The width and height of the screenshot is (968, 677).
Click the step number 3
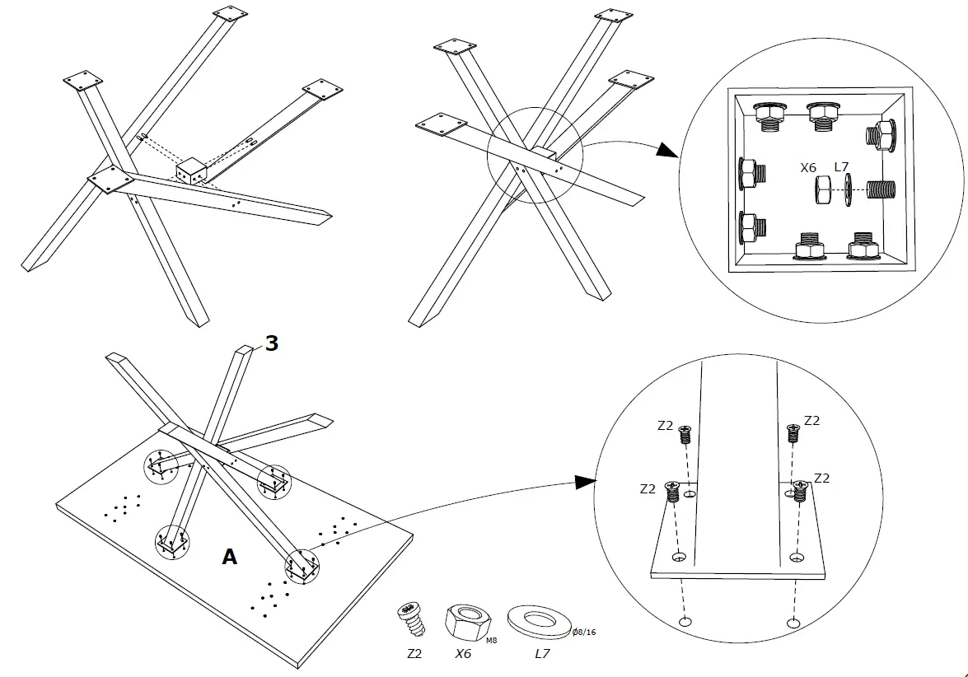point(270,343)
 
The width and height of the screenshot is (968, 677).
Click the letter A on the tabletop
point(230,557)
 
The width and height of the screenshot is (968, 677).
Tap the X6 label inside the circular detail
point(808,167)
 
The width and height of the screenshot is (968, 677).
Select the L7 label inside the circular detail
point(841,167)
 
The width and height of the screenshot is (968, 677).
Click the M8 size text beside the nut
point(491,639)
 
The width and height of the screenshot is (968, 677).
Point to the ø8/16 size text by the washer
point(584,633)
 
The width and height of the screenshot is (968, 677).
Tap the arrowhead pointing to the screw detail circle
point(584,482)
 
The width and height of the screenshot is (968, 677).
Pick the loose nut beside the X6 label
point(823,189)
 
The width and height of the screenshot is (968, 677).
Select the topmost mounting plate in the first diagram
point(229,15)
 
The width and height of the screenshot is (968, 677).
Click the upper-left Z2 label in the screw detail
point(666,426)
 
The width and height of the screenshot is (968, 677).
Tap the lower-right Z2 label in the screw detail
point(821,478)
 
